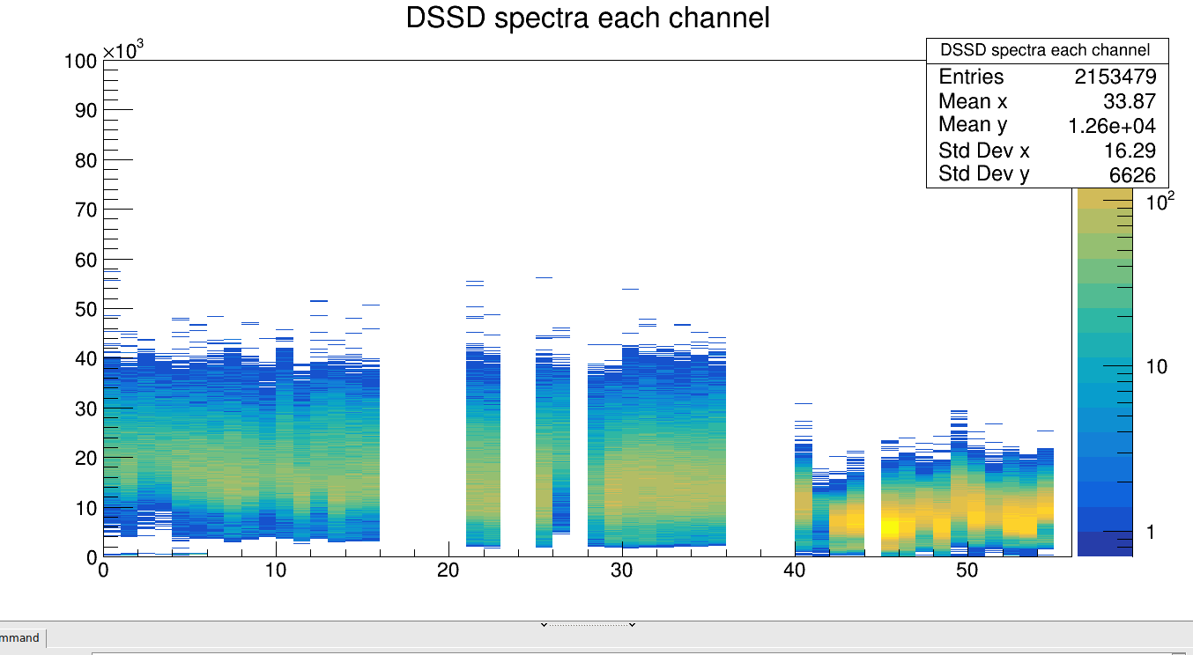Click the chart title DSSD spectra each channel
pyautogui.click(x=588, y=18)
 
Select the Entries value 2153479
pyautogui.click(x=1115, y=77)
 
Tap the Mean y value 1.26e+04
pyautogui.click(x=1112, y=126)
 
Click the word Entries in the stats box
pyautogui.click(x=971, y=77)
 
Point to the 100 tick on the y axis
pyautogui.click(x=80, y=61)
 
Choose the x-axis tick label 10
pyautogui.click(x=276, y=570)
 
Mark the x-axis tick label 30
pyautogui.click(x=622, y=570)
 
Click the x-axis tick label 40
pyautogui.click(x=795, y=570)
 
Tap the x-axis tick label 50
pyautogui.click(x=967, y=570)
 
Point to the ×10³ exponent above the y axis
pyautogui.click(x=123, y=50)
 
